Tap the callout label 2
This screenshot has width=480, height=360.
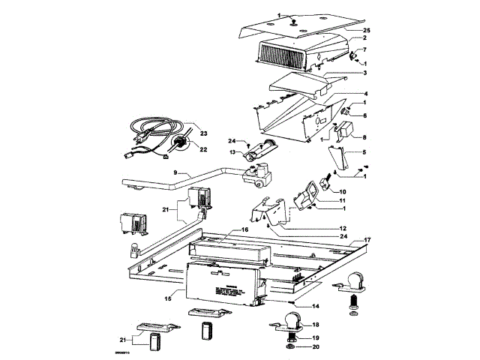point(364,37)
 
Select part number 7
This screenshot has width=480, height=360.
point(364,50)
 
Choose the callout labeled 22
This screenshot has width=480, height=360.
point(202,148)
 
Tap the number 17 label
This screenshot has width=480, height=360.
point(367,240)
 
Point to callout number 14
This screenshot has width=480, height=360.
point(316,306)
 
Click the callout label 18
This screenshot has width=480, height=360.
point(316,325)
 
